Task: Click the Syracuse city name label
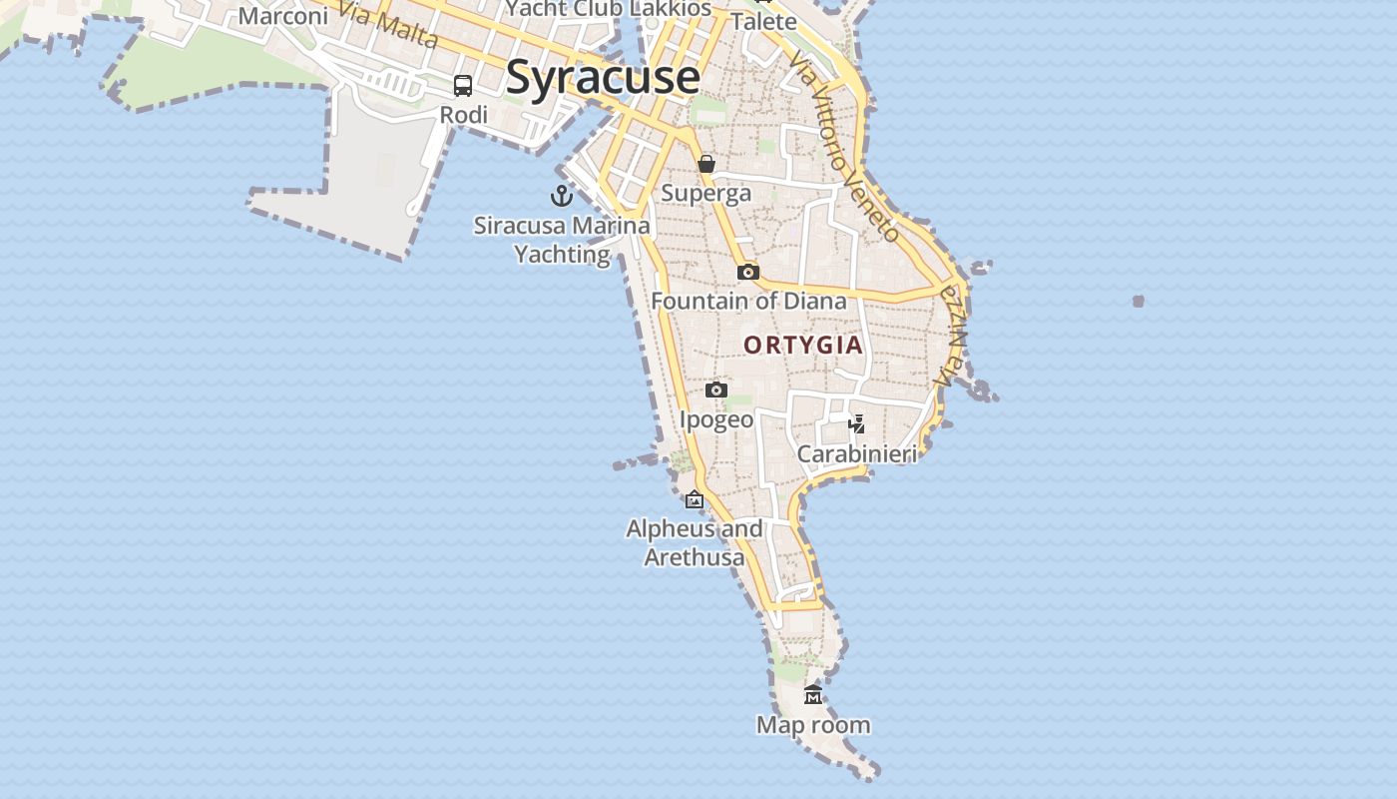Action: coord(603,78)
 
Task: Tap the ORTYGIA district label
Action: coord(803,346)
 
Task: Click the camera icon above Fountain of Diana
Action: coord(748,272)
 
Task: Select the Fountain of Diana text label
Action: coord(748,301)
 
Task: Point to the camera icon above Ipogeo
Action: coord(716,390)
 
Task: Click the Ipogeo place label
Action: coord(716,419)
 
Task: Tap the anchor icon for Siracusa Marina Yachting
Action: coord(562,196)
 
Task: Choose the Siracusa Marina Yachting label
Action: coord(562,240)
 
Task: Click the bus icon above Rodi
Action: coord(463,86)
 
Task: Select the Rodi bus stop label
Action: coord(464,115)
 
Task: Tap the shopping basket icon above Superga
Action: coord(706,164)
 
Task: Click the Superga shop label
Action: coord(706,193)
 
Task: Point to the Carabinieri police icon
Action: coord(856,424)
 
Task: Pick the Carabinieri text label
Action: coord(856,454)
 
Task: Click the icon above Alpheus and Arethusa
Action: coord(695,499)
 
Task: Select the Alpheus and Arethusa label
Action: coord(695,542)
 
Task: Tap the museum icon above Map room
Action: coord(813,695)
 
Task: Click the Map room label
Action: coord(813,725)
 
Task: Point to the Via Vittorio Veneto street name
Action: coord(844,147)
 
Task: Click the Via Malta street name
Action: coord(387,26)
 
